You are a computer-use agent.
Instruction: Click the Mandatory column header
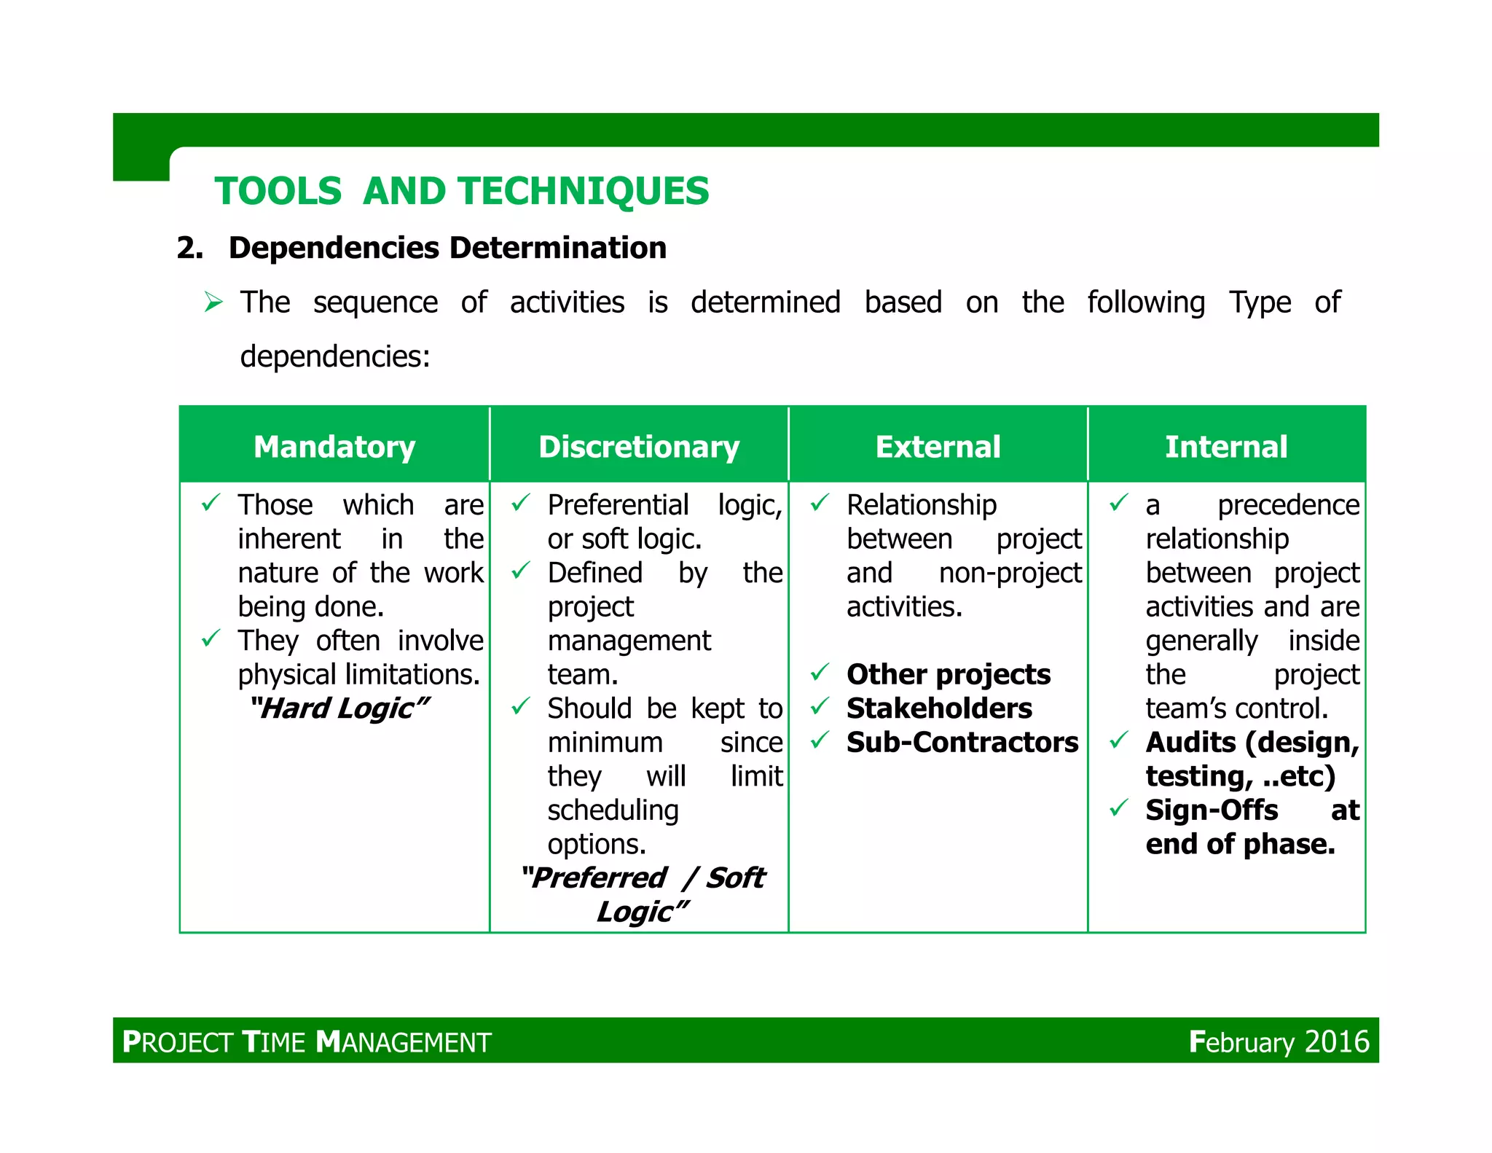pos(334,447)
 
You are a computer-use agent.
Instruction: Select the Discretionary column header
pos(639,447)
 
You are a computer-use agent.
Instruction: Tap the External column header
pos(938,447)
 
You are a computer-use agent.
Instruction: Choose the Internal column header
pos(1226,447)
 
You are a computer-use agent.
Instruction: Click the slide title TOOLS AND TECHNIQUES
pos(461,191)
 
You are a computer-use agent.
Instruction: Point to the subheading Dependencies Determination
pos(447,248)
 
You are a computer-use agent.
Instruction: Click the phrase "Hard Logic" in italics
pos(339,708)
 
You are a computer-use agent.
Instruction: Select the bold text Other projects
pos(948,674)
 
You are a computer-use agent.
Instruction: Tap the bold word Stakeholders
pos(939,708)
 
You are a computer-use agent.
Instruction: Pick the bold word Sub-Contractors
pos(962,742)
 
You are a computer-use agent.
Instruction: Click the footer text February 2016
pos(1279,1041)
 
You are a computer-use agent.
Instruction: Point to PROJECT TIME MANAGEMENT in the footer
pos(307,1041)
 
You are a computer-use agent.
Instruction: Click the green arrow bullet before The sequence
pos(213,302)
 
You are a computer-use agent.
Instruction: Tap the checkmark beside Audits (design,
pos(1118,741)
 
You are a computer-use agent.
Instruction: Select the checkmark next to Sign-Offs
pos(1118,808)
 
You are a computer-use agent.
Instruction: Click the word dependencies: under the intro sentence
pos(335,356)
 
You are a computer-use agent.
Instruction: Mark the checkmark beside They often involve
pos(211,639)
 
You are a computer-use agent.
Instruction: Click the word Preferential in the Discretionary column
pos(618,504)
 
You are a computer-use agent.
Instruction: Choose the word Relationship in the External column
pos(921,504)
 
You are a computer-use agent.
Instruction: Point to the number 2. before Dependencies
pos(190,248)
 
